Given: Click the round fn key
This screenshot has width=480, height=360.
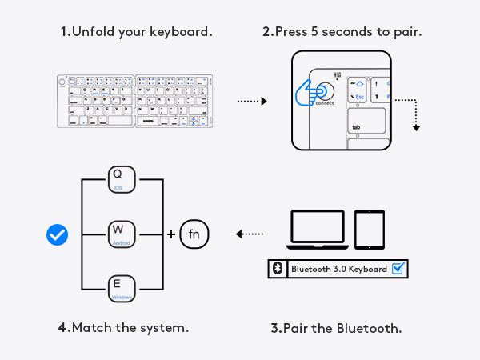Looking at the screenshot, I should pyautogui.click(x=194, y=234).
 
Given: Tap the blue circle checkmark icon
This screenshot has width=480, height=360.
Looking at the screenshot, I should pyautogui.click(x=58, y=234).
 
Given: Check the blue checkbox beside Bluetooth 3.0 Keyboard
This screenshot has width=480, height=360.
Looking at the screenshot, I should pyautogui.click(x=398, y=269).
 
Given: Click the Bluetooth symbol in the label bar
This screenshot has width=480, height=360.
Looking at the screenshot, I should pyautogui.click(x=277, y=269).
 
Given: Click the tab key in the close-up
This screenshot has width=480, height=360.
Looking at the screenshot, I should pyautogui.click(x=367, y=123).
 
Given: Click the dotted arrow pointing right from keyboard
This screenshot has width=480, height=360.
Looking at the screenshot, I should pyautogui.click(x=251, y=102).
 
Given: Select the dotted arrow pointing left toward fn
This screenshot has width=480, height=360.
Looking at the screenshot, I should pyautogui.click(x=250, y=234).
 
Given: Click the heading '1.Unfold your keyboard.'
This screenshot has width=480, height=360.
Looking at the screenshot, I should pyautogui.click(x=136, y=33).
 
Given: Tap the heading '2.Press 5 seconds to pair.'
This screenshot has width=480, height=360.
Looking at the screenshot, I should pyautogui.click(x=342, y=33).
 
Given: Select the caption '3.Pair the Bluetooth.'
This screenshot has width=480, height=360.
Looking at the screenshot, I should pyautogui.click(x=335, y=328).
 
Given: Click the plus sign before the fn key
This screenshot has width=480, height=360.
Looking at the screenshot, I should pyautogui.click(x=170, y=234).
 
